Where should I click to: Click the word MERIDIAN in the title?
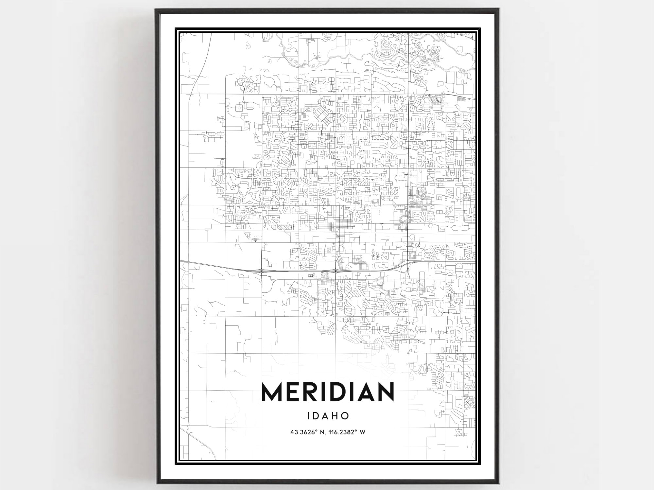click(x=328, y=392)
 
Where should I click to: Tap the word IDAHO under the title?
click(x=328, y=416)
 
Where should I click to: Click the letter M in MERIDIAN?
click(x=272, y=392)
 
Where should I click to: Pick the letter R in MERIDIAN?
click(x=311, y=392)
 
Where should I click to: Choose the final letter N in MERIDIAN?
click(x=386, y=392)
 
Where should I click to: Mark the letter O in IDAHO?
click(x=344, y=416)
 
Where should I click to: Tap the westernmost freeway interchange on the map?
click(x=262, y=270)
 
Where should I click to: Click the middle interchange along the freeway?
click(x=336, y=271)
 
